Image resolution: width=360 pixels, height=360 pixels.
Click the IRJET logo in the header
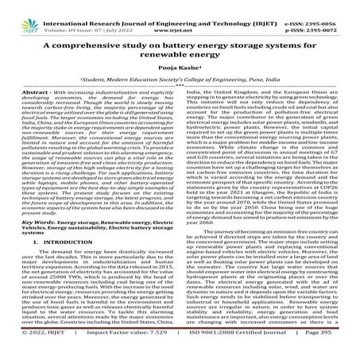21,12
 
